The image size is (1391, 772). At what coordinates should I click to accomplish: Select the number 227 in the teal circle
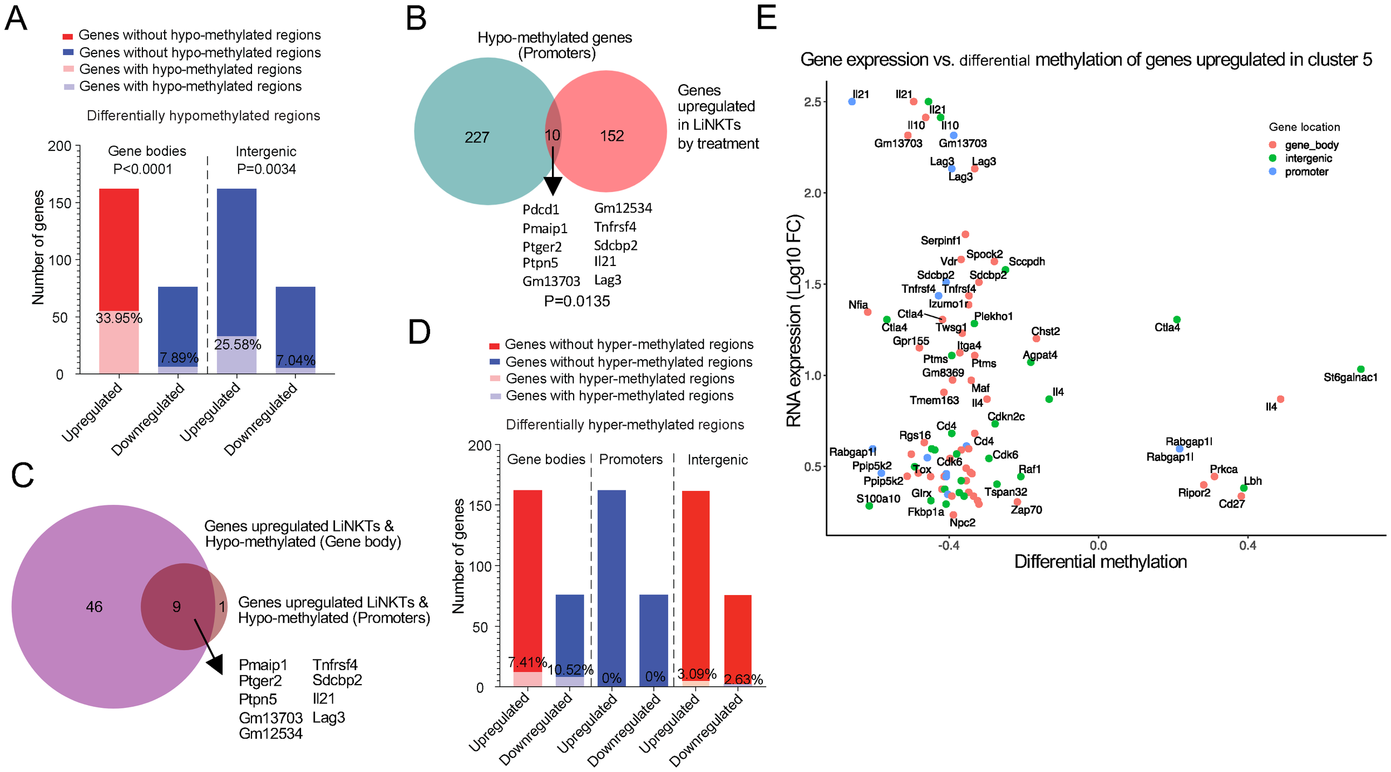[x=477, y=137]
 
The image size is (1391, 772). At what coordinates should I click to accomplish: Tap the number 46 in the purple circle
[x=94, y=607]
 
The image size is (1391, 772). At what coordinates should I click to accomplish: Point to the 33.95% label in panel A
[x=119, y=318]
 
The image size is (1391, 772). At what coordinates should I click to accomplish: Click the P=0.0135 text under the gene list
[x=577, y=301]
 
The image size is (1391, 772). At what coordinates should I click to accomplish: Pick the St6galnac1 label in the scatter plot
[x=1350, y=378]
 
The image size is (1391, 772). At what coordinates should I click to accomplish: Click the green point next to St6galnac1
[x=1361, y=369]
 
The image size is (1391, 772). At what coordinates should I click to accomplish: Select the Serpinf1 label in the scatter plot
[x=940, y=240]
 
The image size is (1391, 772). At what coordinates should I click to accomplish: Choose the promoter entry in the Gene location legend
[x=1306, y=172]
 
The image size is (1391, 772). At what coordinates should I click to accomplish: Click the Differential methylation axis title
[x=1100, y=562]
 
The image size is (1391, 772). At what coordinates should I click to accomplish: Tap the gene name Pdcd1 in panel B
[x=541, y=210]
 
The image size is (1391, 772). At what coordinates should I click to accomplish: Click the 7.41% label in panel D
[x=527, y=662]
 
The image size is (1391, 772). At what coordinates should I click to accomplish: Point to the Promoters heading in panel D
[x=631, y=459]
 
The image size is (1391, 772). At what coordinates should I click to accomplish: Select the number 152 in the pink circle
[x=611, y=136]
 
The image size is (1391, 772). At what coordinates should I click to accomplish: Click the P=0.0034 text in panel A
[x=267, y=169]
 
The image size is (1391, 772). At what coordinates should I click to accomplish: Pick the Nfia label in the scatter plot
[x=858, y=304]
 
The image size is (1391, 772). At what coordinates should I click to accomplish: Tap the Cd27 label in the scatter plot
[x=1231, y=504]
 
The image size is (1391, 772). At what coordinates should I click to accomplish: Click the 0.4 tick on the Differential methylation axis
[x=1247, y=545]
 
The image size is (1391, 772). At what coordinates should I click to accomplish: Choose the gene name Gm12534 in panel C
[x=271, y=734]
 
